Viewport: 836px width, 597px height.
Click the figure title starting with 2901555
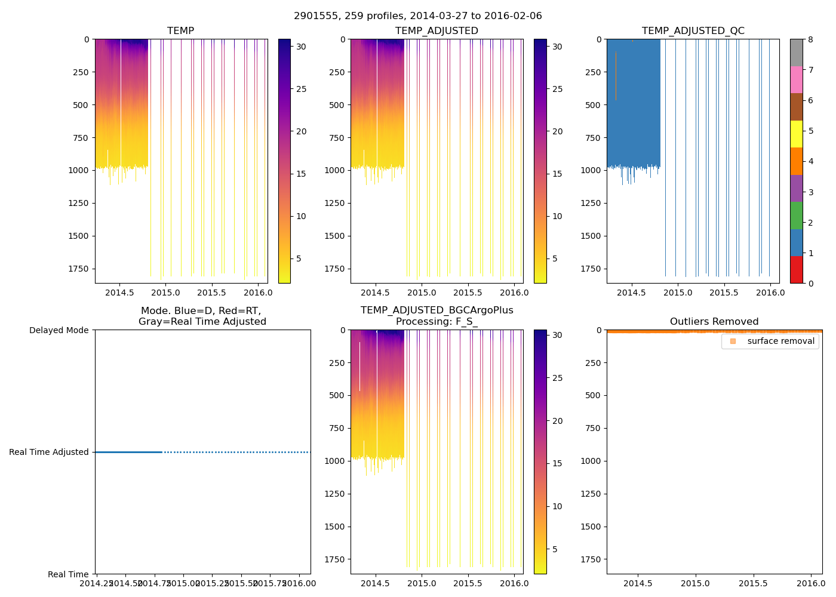click(x=418, y=16)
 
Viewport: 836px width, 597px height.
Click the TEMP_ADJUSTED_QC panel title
click(x=693, y=31)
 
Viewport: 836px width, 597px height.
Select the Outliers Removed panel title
click(x=714, y=322)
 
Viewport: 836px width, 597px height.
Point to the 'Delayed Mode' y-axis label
click(x=59, y=330)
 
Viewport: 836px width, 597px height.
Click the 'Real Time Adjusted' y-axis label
click(x=49, y=453)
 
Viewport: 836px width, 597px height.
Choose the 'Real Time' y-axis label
click(x=68, y=574)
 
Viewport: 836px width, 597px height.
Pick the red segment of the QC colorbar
click(x=796, y=270)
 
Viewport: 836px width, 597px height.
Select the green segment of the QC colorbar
click(x=796, y=216)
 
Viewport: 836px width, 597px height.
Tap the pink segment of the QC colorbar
click(x=796, y=79)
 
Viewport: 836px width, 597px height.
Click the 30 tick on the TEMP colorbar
click(x=302, y=47)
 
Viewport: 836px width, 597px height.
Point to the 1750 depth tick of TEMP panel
click(x=78, y=269)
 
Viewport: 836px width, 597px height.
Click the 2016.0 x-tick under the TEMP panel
click(x=258, y=293)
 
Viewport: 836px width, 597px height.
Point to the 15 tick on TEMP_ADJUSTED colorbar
click(x=557, y=174)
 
